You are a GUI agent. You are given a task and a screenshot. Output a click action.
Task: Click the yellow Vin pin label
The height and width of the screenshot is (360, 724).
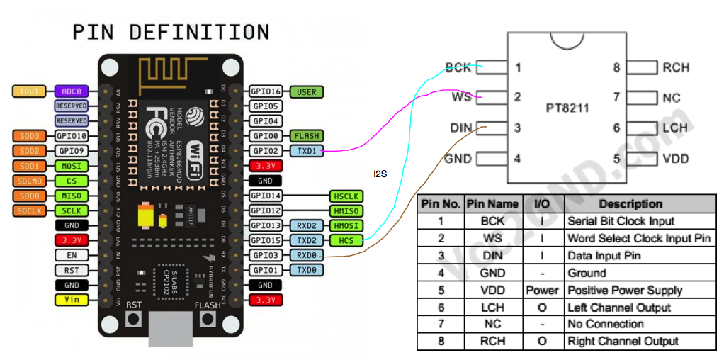72,300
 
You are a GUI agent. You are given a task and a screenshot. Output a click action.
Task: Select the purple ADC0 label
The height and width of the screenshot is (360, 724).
72,91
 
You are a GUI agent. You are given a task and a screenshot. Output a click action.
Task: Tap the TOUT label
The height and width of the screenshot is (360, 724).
30,91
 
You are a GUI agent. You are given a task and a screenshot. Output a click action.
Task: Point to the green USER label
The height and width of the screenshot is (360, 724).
307,91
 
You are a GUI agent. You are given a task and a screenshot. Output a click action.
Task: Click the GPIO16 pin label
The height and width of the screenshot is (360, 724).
266,91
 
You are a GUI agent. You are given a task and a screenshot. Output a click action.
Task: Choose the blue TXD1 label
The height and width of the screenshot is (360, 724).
307,151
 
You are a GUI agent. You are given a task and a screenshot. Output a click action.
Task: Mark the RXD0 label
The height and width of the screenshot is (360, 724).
307,255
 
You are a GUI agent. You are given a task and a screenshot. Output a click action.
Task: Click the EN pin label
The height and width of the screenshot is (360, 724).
72,255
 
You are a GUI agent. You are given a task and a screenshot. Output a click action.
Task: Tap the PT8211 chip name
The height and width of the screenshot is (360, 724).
567,108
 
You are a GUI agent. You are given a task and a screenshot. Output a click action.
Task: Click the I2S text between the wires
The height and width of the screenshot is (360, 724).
381,174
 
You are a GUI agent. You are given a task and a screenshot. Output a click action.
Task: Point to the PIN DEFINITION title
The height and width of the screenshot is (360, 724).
171,33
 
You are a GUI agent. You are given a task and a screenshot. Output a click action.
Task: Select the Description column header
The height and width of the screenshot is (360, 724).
630,204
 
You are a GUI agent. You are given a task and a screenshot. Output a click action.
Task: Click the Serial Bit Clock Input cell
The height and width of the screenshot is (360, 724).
621,221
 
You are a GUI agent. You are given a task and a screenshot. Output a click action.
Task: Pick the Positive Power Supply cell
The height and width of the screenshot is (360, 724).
625,290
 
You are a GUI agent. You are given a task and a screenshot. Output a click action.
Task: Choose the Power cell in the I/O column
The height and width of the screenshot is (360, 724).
543,290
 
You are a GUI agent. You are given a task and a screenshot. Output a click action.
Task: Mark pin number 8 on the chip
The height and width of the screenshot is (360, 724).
616,68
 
